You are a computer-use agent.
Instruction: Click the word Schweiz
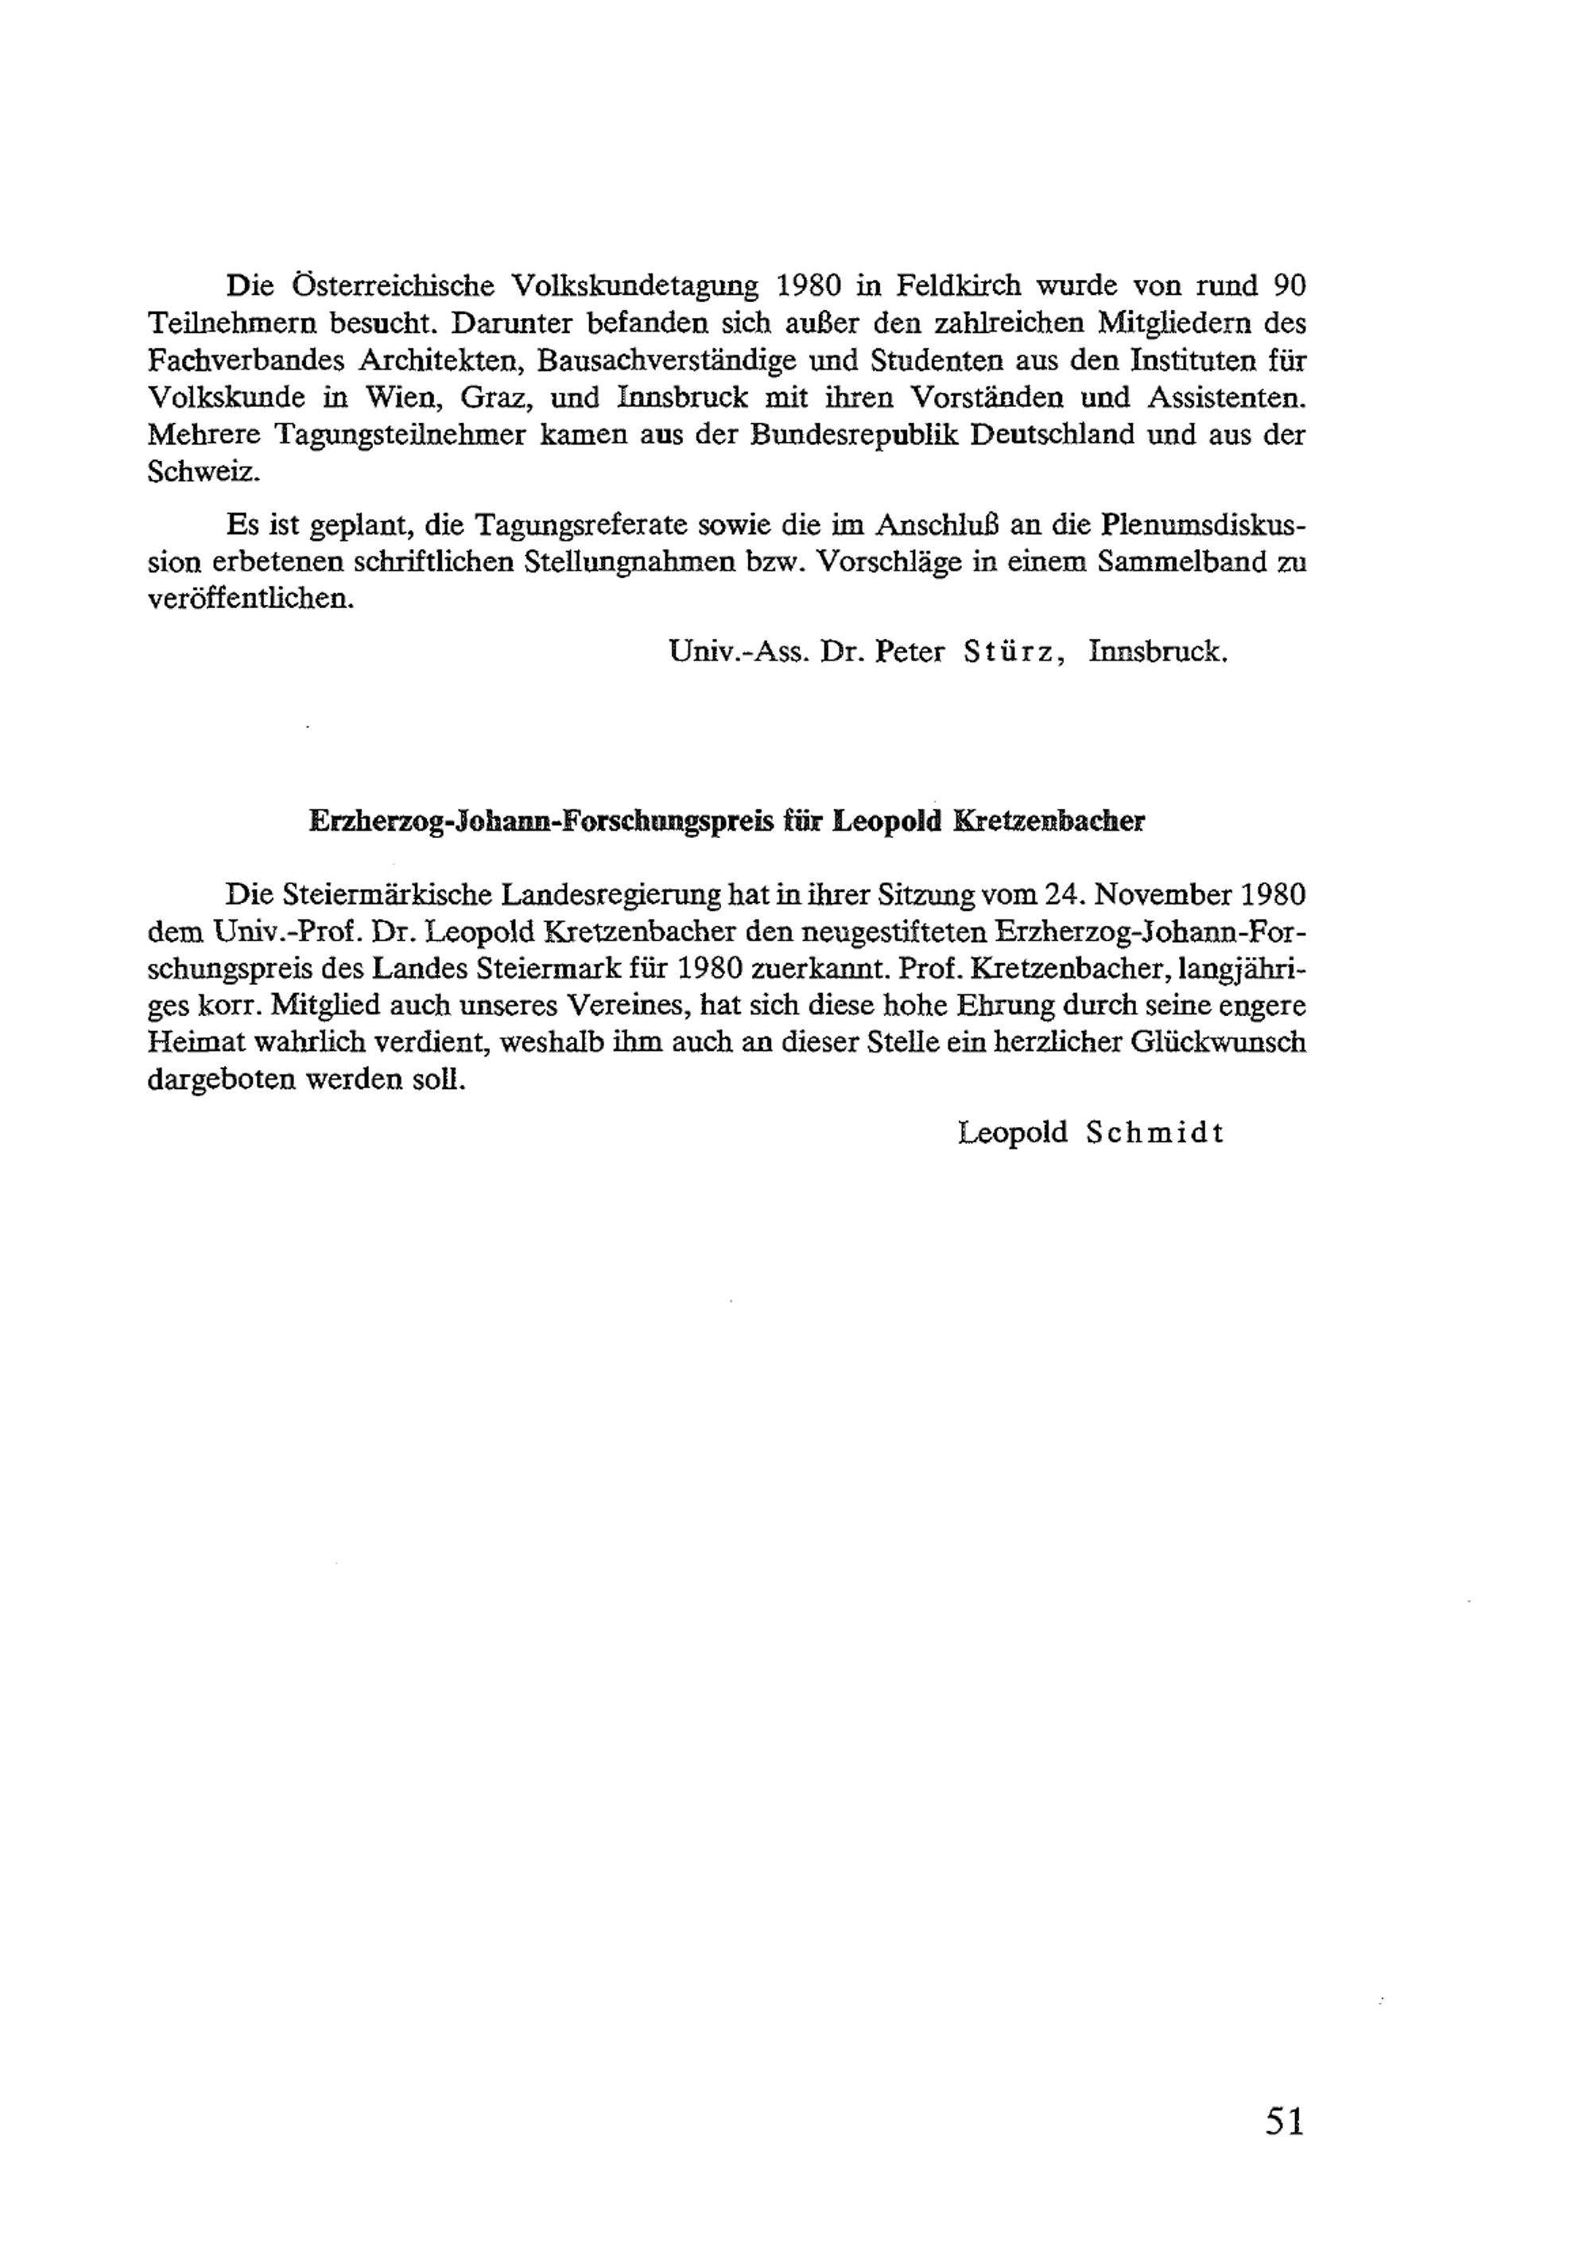[x=204, y=471]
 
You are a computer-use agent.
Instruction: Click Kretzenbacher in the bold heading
[x=1049, y=821]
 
